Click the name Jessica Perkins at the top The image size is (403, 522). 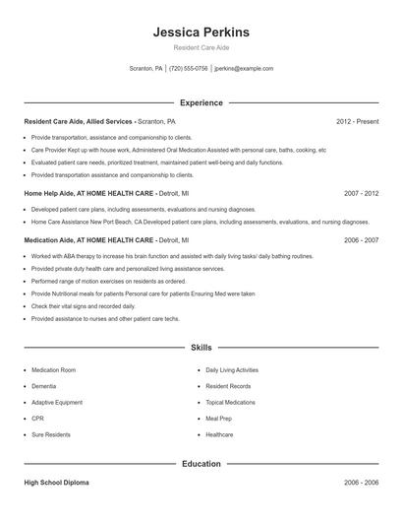pos(201,33)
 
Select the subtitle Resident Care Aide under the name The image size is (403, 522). pos(201,48)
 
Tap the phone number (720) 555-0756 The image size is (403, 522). pos(189,69)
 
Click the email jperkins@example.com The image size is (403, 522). pos(243,69)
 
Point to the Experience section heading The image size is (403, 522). pos(201,102)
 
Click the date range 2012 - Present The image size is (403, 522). pos(357,122)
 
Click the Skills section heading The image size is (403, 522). pos(201,348)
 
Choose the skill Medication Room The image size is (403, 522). pos(53,370)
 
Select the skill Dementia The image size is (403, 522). pos(44,386)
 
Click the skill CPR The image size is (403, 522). pos(37,418)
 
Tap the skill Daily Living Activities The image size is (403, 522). pos(232,370)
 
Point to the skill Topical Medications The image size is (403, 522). pos(230,402)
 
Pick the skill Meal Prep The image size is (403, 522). pos(219,418)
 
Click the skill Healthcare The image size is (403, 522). pos(219,433)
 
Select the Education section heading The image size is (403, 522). pos(201,463)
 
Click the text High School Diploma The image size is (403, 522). pos(57,484)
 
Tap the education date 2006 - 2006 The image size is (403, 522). pos(362,484)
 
